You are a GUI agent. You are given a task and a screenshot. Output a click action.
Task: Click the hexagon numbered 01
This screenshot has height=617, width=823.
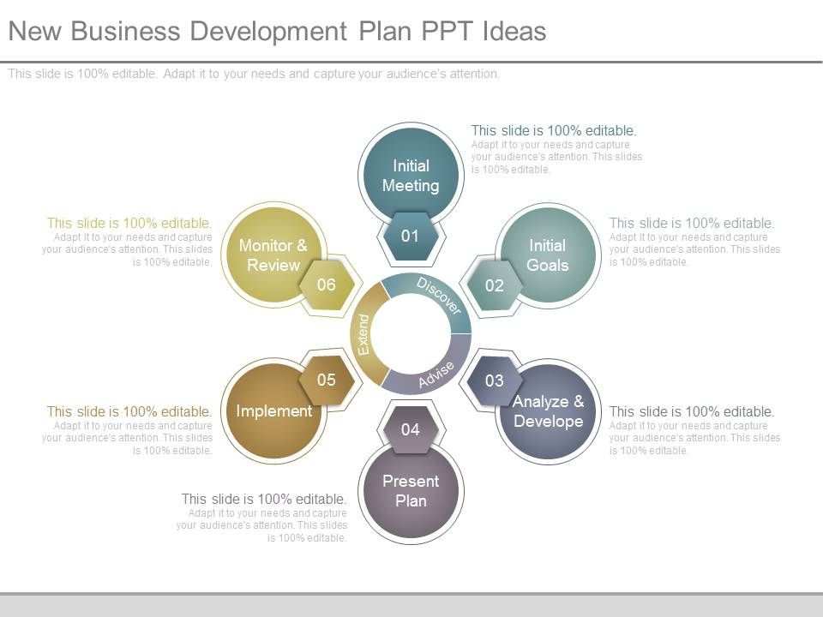(411, 237)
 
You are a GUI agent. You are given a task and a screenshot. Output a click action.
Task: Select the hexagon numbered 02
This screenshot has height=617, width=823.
(495, 285)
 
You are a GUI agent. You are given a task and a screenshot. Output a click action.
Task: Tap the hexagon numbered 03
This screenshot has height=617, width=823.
(495, 380)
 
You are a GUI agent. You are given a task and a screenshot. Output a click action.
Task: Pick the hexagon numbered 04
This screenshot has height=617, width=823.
(411, 429)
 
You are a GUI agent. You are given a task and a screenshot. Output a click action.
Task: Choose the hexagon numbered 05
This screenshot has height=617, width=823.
(327, 380)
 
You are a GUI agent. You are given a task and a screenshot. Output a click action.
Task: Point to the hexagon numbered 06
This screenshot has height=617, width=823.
(327, 285)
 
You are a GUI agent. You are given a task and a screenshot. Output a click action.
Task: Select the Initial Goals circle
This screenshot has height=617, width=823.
(548, 255)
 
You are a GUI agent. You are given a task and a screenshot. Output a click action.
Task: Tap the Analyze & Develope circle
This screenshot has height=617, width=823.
(548, 411)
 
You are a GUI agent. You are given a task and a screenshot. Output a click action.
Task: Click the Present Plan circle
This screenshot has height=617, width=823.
(411, 490)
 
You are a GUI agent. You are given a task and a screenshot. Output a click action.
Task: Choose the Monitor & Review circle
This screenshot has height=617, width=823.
(273, 255)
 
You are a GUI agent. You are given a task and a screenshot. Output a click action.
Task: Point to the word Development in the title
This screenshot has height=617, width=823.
(268, 32)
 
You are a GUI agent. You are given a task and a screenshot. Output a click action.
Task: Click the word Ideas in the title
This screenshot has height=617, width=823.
(514, 31)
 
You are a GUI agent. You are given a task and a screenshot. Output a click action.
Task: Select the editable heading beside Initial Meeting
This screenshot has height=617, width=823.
(554, 130)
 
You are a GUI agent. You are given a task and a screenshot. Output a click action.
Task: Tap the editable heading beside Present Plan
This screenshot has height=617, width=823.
(264, 499)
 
